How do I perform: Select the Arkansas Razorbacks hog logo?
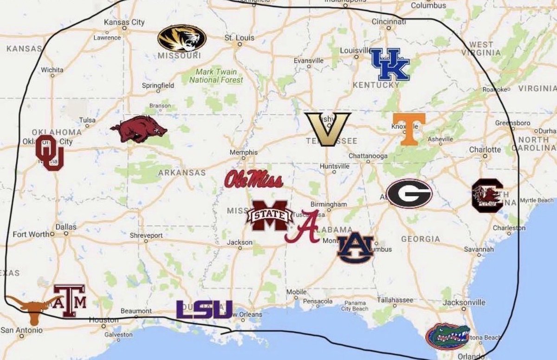tap(138, 129)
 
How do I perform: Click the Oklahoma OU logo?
tap(49, 153)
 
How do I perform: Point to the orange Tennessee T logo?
tap(408, 128)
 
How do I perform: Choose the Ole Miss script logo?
tap(253, 179)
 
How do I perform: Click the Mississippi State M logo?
tap(270, 216)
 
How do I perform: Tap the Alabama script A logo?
tap(303, 226)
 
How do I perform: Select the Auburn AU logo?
tap(355, 247)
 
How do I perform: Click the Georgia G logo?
tap(409, 193)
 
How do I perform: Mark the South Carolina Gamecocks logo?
tap(486, 195)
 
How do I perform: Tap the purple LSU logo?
tap(204, 309)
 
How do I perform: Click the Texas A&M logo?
tap(70, 301)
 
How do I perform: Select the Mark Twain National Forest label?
tap(216, 76)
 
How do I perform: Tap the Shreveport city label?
tap(146, 235)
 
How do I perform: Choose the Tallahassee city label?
tap(395, 300)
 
